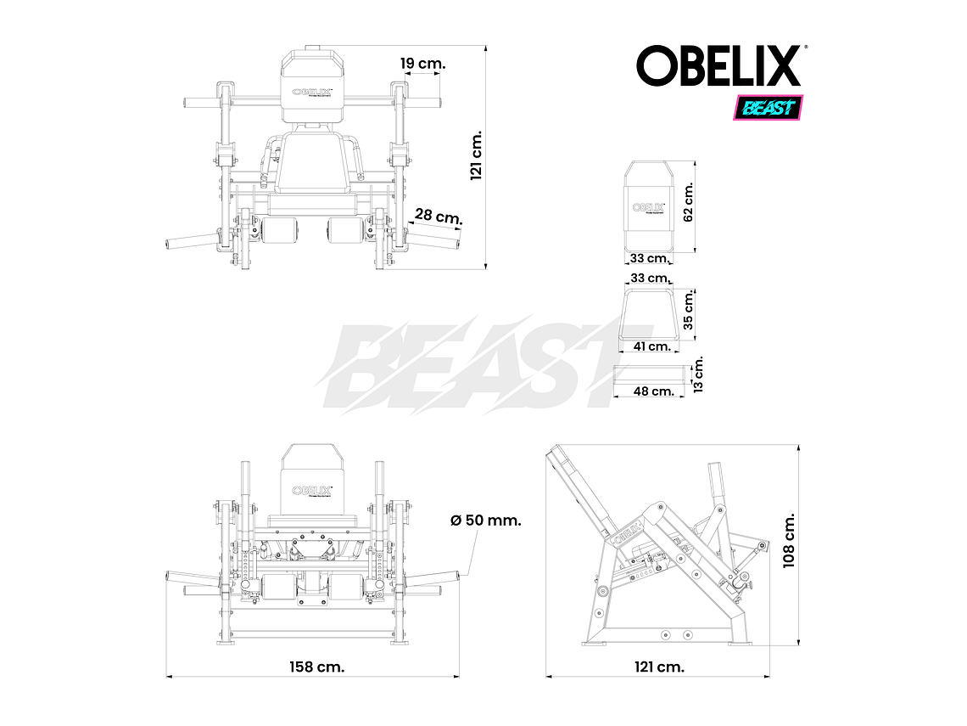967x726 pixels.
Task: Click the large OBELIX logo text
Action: pyautogui.click(x=719, y=66)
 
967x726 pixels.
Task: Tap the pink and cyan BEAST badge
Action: pyautogui.click(x=769, y=108)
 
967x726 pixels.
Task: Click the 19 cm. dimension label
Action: pyautogui.click(x=422, y=64)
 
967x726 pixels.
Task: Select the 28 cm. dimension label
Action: pyautogui.click(x=439, y=217)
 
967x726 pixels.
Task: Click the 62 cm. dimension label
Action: pyautogui.click(x=688, y=201)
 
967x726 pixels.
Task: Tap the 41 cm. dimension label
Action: pyautogui.click(x=652, y=346)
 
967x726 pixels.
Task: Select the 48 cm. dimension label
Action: pyautogui.click(x=653, y=391)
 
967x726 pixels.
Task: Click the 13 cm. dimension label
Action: pyautogui.click(x=698, y=374)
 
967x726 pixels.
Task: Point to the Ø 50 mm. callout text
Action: pyautogui.click(x=485, y=520)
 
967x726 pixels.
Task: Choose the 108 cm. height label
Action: pyautogui.click(x=790, y=540)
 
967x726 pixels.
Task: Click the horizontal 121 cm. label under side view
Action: pyautogui.click(x=658, y=667)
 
